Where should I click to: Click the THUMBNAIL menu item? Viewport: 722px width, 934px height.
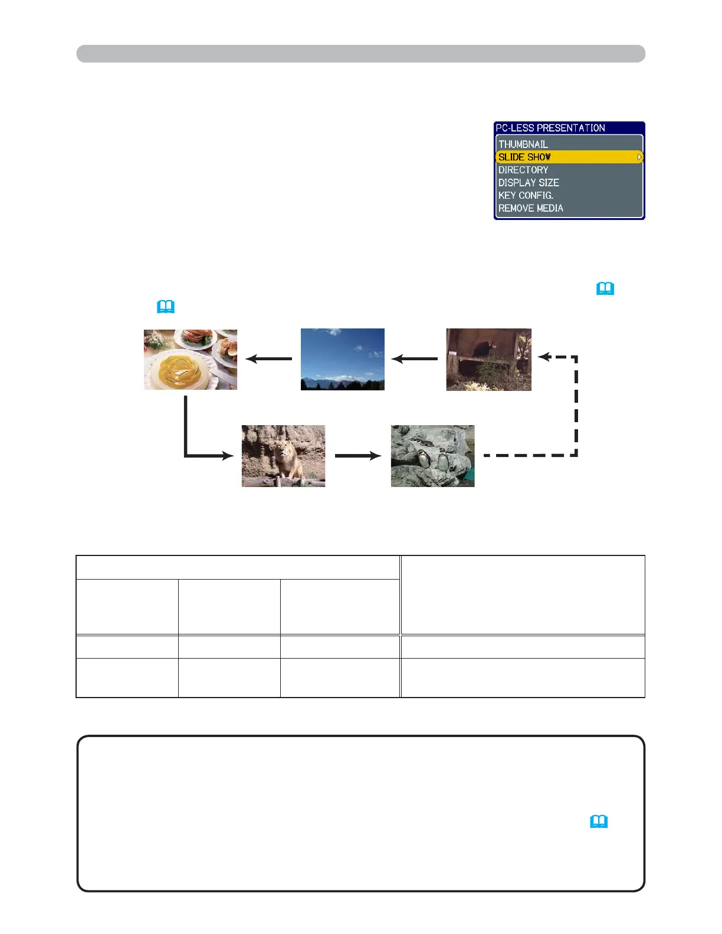click(523, 144)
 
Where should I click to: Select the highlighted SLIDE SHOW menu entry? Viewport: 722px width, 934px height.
click(525, 157)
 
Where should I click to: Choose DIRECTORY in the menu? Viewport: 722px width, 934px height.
click(523, 170)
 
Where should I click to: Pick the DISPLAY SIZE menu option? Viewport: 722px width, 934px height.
click(529, 183)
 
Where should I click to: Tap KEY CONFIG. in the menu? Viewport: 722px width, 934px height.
click(526, 195)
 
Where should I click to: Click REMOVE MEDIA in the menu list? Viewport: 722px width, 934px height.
click(531, 208)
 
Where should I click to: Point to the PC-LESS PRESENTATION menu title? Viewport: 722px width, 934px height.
click(550, 128)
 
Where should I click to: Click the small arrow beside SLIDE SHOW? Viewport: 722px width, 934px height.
click(639, 157)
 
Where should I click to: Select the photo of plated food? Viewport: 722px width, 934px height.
click(191, 359)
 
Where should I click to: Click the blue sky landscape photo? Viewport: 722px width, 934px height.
click(343, 359)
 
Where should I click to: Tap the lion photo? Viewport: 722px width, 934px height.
click(283, 456)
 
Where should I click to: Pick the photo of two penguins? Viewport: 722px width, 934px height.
click(432, 456)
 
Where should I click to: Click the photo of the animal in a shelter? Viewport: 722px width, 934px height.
click(488, 359)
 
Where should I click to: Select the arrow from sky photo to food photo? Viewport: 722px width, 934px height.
click(269, 359)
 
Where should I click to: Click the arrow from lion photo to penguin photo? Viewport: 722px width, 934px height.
click(358, 455)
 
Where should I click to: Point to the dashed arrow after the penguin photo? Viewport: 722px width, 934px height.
click(576, 413)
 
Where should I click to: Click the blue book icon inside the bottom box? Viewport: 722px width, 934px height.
click(599, 821)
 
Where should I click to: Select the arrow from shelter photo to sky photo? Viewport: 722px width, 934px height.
click(415, 359)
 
